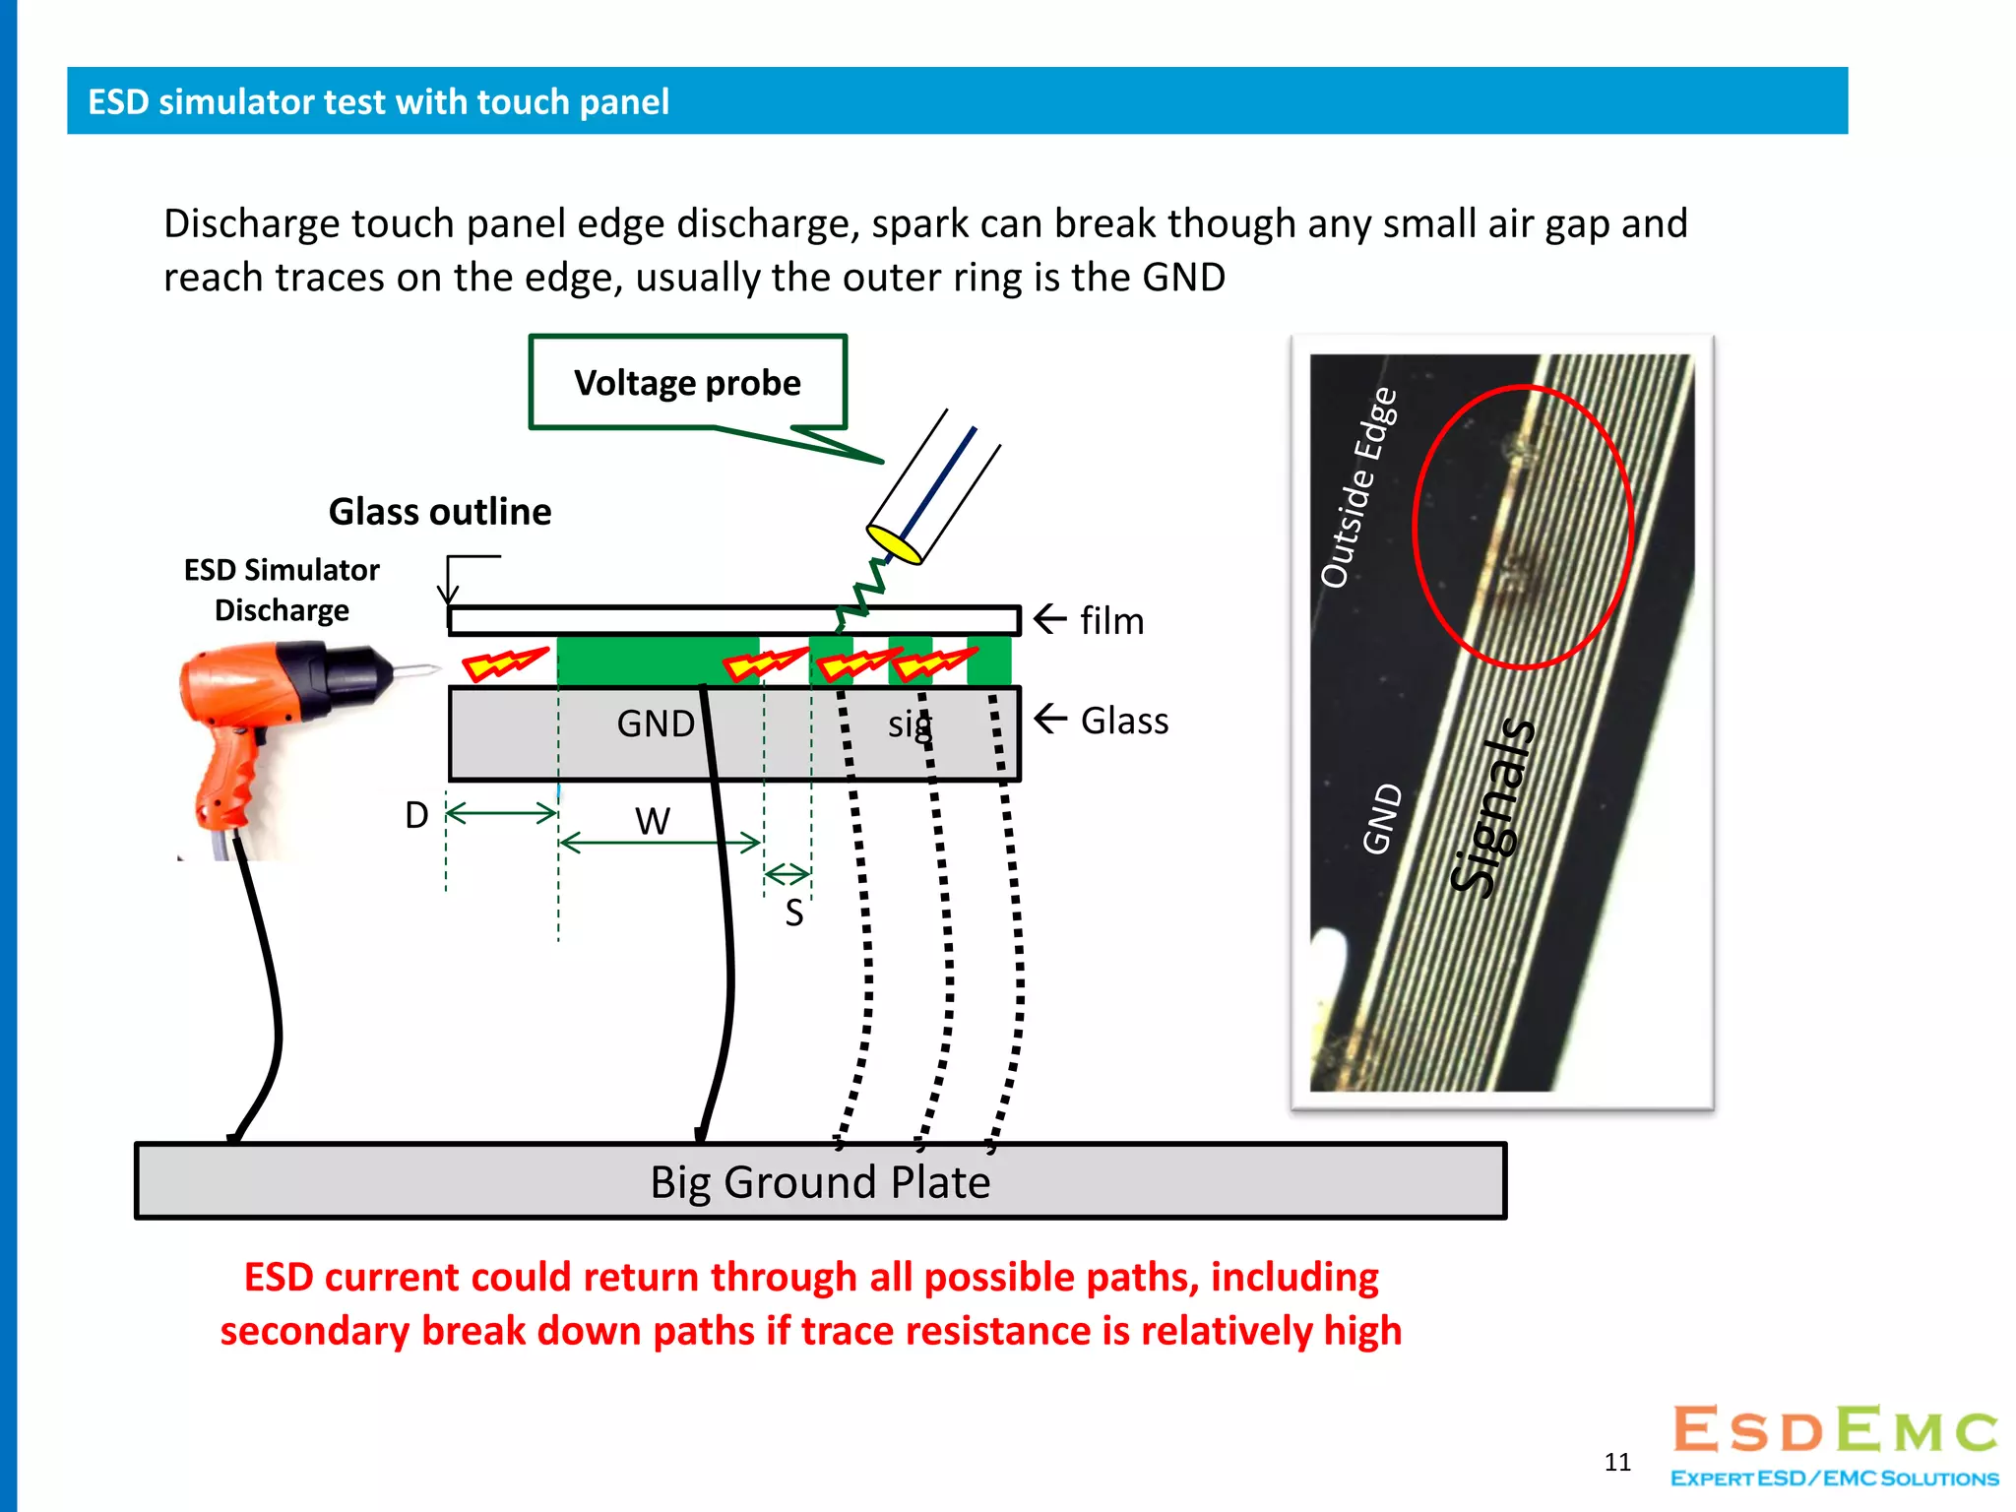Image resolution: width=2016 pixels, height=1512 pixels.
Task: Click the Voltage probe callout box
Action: point(687,382)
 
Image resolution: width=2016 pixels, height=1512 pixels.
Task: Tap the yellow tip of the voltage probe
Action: point(894,542)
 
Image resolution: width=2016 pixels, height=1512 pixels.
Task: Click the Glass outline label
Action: point(439,512)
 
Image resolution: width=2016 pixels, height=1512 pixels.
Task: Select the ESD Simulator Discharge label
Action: point(282,590)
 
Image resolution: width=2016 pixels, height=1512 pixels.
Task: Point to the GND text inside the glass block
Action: point(656,724)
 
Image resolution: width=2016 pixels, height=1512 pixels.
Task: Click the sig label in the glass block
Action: point(908,724)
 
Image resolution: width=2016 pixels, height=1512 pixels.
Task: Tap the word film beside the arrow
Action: point(1111,621)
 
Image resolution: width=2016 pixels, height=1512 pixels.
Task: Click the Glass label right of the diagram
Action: point(1124,721)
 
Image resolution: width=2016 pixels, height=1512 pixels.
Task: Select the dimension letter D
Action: point(416,815)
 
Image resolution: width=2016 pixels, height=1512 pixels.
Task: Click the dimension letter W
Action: point(653,821)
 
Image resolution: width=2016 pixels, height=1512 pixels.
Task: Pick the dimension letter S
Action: point(794,913)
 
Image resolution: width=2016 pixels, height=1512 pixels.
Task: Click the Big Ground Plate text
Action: point(820,1182)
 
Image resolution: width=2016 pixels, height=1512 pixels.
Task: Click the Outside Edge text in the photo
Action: point(1359,487)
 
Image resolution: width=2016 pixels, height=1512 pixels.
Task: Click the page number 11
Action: point(1617,1462)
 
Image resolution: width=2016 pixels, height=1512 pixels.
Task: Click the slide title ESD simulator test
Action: point(378,101)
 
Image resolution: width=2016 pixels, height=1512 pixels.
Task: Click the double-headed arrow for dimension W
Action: point(660,844)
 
